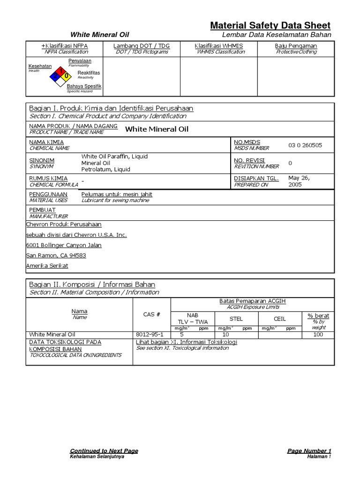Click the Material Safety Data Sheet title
(x=270, y=25)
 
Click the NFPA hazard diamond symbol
(x=60, y=75)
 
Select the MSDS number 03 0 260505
(x=305, y=145)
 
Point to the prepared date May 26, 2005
(x=299, y=181)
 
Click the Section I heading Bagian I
(x=111, y=108)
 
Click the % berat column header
(x=318, y=316)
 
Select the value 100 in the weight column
(x=318, y=334)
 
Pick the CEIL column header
(x=279, y=319)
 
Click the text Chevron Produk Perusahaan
(x=63, y=224)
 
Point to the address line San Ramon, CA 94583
(x=56, y=255)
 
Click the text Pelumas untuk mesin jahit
(x=117, y=194)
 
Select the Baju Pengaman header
(x=296, y=46)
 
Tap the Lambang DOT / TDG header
(x=142, y=46)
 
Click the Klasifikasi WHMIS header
(x=218, y=46)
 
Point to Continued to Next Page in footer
(x=104, y=451)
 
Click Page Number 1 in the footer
(x=309, y=451)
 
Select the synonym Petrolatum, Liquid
(x=106, y=169)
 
